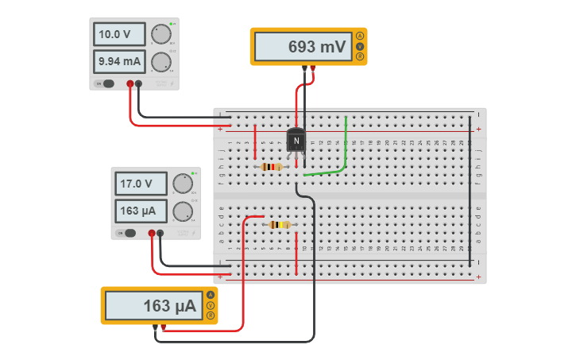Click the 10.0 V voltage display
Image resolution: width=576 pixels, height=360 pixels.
pyautogui.click(x=120, y=34)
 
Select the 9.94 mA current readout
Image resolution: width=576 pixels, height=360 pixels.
pyautogui.click(x=120, y=61)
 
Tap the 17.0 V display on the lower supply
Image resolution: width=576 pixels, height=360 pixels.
pyautogui.click(x=141, y=184)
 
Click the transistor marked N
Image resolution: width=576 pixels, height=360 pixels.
pyautogui.click(x=296, y=141)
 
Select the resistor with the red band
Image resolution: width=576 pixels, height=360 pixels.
pyautogui.click(x=272, y=167)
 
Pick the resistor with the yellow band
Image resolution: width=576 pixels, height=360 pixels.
pyautogui.click(x=280, y=225)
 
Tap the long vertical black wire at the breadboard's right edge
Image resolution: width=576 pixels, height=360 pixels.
pyautogui.click(x=470, y=191)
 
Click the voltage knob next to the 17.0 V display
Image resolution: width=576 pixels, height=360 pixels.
pyautogui.click(x=183, y=184)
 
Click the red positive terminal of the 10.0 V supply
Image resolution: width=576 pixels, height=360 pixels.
pyautogui.click(x=130, y=83)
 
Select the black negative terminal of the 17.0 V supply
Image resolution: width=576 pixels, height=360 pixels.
pyautogui.click(x=160, y=233)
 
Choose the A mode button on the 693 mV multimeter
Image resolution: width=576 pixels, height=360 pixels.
pyautogui.click(x=360, y=37)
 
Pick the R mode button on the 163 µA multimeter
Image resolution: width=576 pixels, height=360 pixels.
pyautogui.click(x=211, y=315)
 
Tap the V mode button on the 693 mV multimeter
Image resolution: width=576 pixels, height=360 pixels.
pyautogui.click(x=360, y=47)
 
